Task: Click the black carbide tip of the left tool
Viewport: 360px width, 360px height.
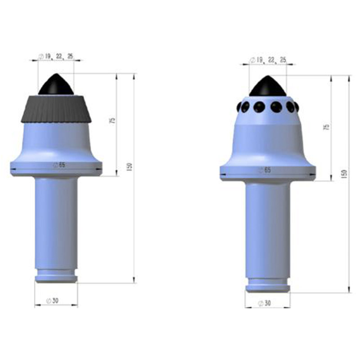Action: pos(56,85)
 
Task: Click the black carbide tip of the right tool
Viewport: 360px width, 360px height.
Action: pos(268,87)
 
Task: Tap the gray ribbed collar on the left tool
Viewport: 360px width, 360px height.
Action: pos(56,109)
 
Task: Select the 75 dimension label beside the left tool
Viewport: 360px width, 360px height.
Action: pos(113,120)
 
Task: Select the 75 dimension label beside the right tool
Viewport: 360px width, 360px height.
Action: pos(326,127)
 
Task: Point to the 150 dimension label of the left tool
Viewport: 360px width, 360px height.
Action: pos(129,167)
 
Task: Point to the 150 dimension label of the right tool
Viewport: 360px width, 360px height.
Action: pos(344,174)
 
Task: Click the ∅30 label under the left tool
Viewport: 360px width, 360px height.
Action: pos(53,301)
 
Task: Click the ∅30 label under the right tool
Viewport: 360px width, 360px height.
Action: pos(265,303)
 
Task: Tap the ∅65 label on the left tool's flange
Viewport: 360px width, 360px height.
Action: pos(59,165)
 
